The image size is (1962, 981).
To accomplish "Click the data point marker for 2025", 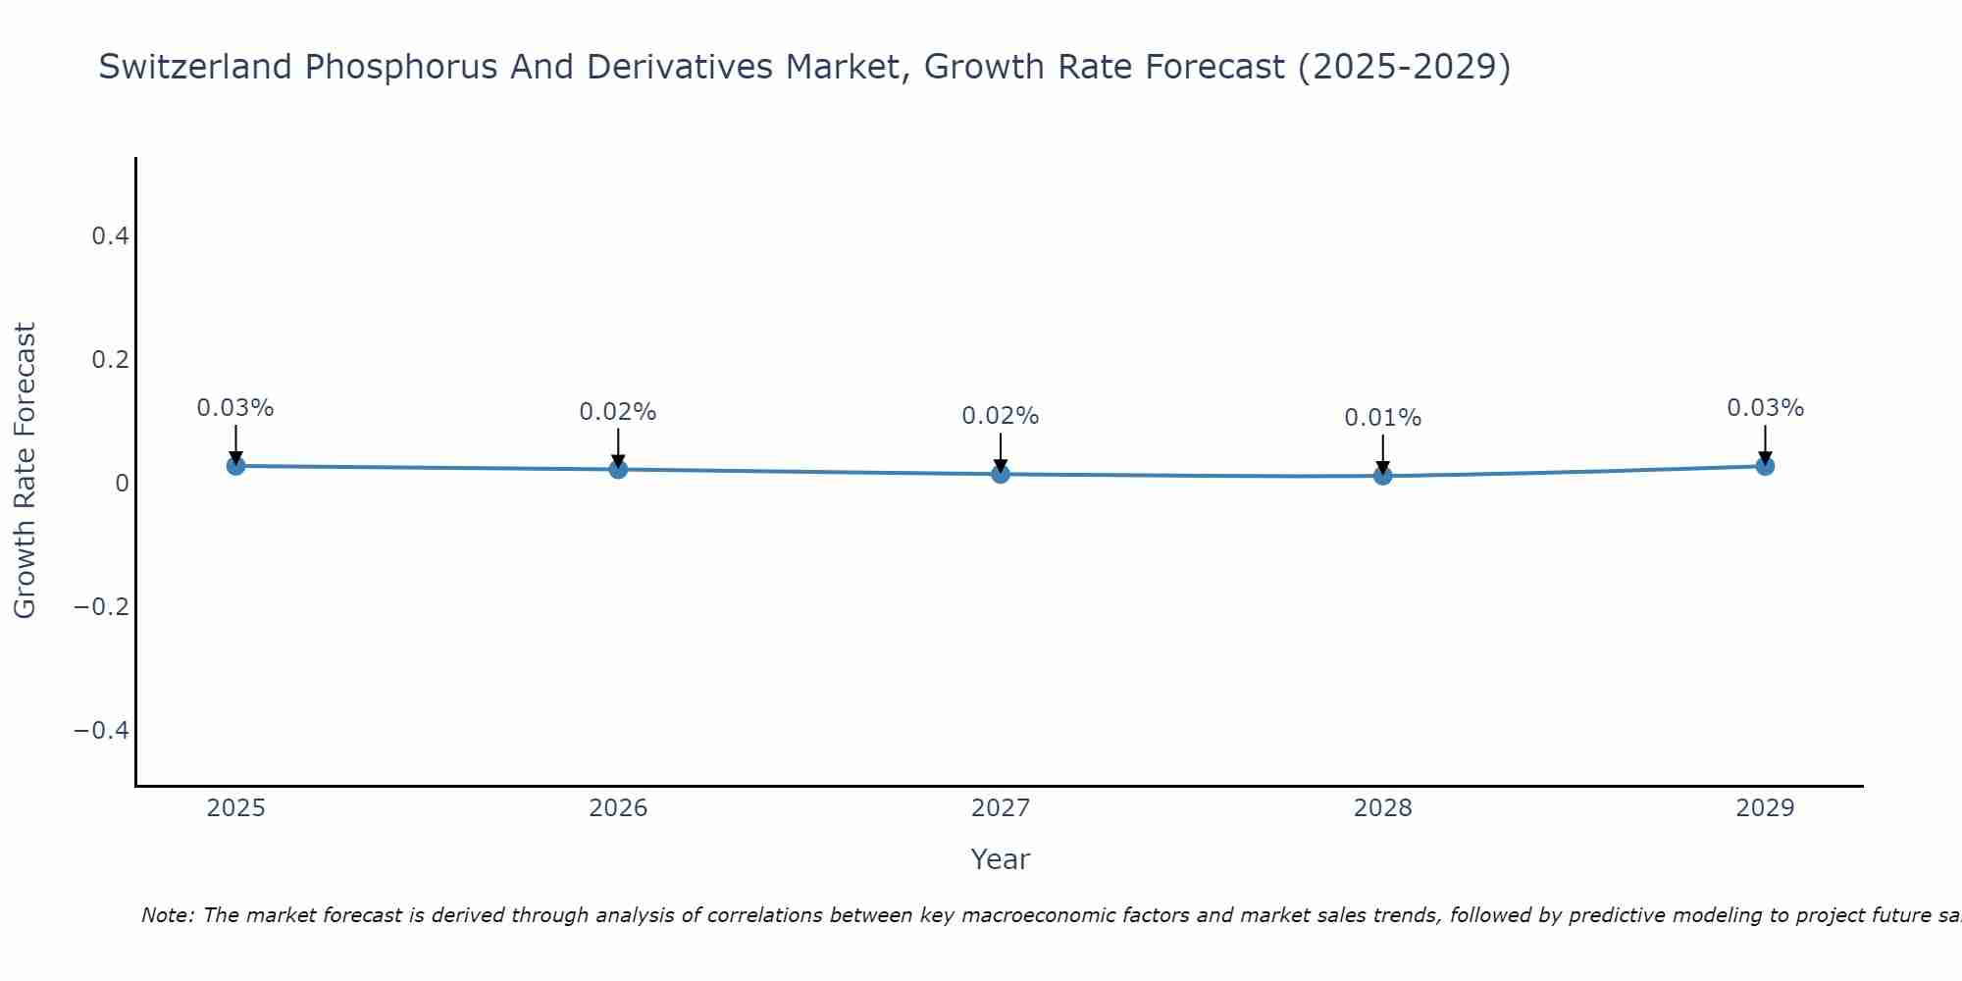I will pos(235,466).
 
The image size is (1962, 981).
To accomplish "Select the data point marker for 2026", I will pos(618,469).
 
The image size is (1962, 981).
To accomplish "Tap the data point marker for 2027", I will pos(1001,474).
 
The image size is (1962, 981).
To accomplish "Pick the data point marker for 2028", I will pos(1382,476).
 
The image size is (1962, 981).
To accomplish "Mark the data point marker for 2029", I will pos(1765,466).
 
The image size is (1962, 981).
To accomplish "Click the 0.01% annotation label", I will pos(1382,418).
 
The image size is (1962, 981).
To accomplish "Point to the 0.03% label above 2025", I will pos(235,408).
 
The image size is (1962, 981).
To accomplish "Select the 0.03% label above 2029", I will pos(1765,408).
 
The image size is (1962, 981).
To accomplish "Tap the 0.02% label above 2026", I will pos(618,412).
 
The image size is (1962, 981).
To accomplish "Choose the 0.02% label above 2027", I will pos(1001,416).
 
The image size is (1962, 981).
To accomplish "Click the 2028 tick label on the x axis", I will pos(1382,808).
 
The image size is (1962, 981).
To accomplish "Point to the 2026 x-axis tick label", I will pos(618,808).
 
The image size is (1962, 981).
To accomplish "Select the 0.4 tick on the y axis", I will pos(110,236).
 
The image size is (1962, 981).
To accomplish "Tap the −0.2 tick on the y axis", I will pos(101,607).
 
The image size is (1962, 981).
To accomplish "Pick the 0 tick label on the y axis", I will pos(122,484).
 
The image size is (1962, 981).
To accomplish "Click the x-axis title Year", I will pos(1000,860).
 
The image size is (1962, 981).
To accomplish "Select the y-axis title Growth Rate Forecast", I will pos(25,471).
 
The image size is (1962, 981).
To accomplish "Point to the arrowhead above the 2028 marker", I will pos(1382,467).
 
